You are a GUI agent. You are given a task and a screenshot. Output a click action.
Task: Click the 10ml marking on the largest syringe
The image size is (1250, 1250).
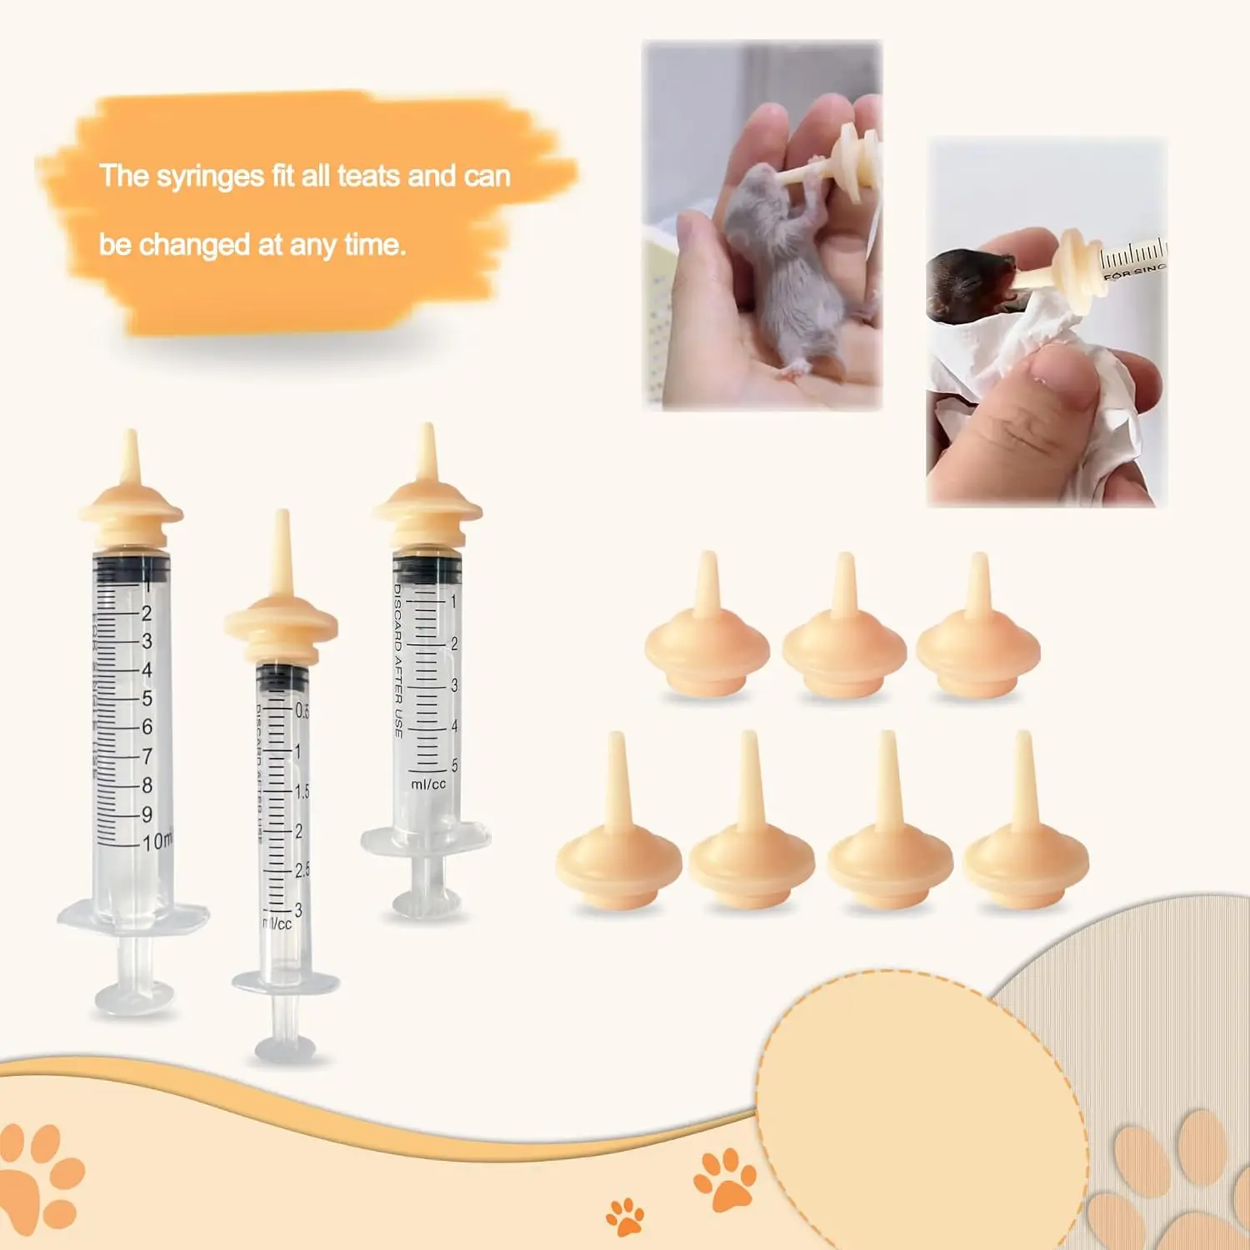click(x=157, y=842)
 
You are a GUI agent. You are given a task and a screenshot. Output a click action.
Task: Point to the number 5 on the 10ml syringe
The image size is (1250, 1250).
click(x=147, y=698)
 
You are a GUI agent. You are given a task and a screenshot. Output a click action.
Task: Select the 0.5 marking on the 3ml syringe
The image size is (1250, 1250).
click(x=302, y=711)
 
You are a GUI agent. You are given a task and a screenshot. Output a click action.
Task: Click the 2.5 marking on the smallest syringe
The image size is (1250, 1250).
click(x=302, y=870)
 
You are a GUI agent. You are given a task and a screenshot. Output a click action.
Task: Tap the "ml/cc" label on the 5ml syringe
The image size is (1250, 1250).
click(x=428, y=784)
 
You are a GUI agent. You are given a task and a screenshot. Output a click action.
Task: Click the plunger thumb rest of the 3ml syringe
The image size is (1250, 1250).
click(x=285, y=1047)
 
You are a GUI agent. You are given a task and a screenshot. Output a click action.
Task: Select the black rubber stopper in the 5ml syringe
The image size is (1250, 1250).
click(x=427, y=569)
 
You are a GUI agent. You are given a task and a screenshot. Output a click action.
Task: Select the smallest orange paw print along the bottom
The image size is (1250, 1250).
click(x=625, y=1217)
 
